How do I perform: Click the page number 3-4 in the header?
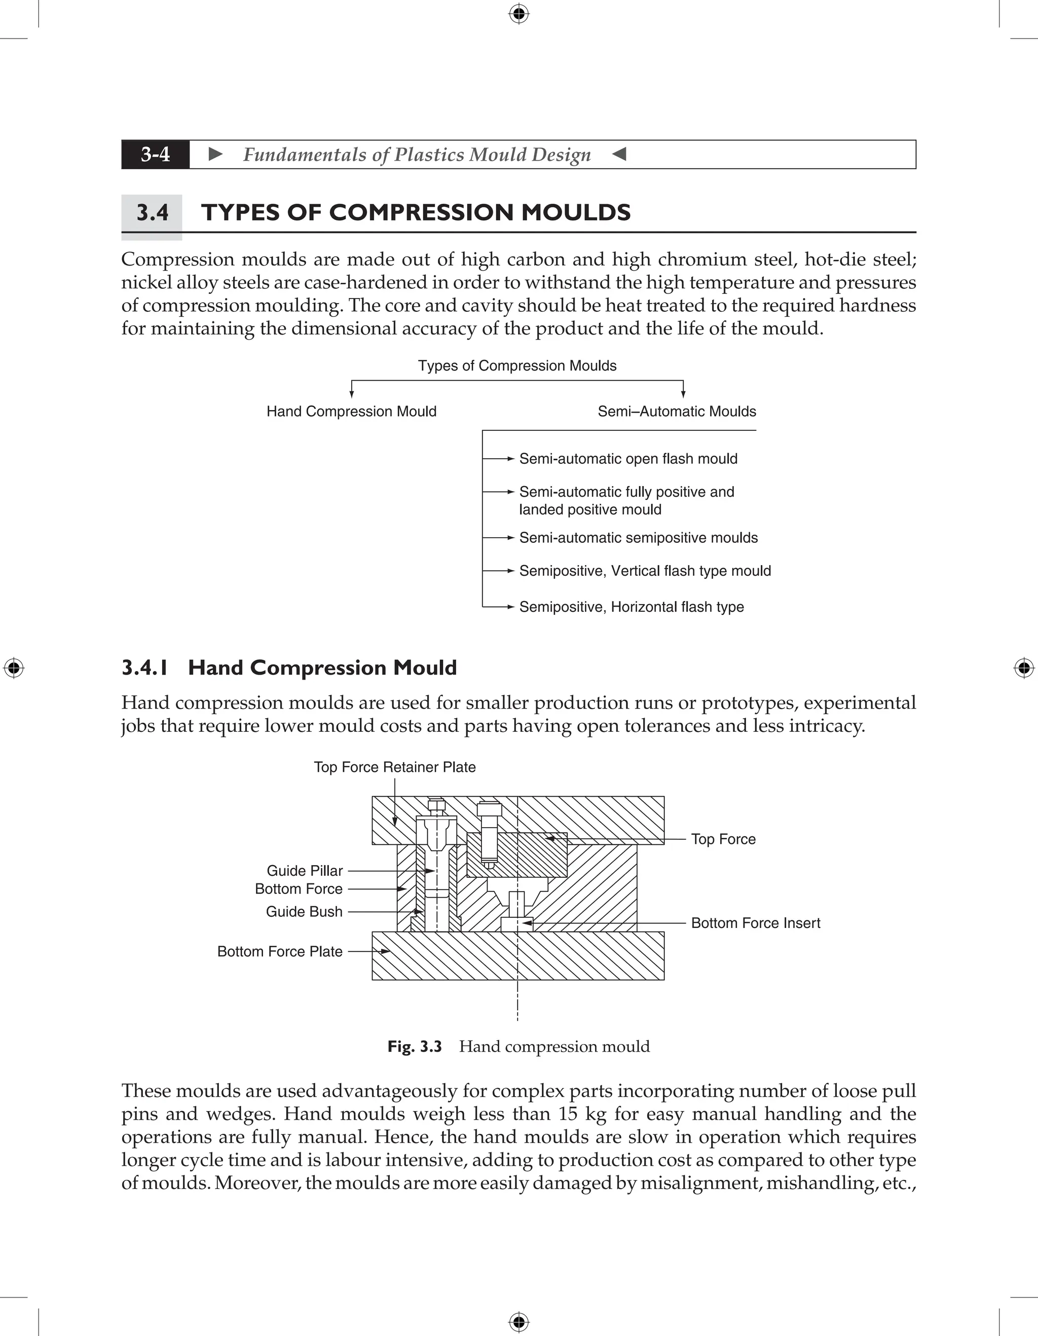point(156,154)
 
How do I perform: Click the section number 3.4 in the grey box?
point(153,213)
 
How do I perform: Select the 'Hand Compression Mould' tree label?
point(351,412)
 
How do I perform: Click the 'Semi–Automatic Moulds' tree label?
point(677,412)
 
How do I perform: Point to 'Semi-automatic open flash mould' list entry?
point(627,459)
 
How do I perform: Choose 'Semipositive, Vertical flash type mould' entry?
point(645,571)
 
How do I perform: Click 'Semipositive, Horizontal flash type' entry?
point(631,607)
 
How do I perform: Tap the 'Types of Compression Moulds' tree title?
point(517,366)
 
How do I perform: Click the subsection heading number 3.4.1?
point(145,667)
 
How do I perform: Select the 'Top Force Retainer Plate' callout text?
point(394,767)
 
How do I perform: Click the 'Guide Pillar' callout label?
point(305,871)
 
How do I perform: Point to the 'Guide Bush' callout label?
point(304,911)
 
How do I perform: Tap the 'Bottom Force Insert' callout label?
point(755,923)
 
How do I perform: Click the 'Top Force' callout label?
point(723,839)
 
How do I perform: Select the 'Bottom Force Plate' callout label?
point(280,951)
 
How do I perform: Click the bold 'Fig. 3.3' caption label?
point(414,1047)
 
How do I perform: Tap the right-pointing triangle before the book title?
point(215,154)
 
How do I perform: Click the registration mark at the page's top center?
point(518,14)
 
